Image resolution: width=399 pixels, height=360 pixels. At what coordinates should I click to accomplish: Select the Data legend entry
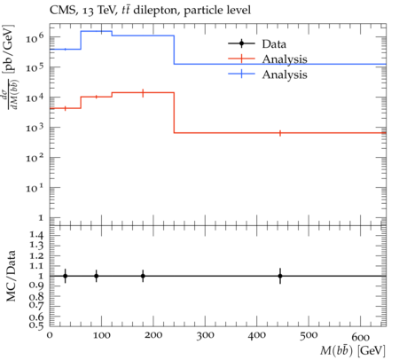click(x=257, y=44)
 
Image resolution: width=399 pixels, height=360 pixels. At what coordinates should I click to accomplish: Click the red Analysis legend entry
click(x=268, y=59)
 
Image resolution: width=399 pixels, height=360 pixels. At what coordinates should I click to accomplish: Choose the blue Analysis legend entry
click(x=268, y=74)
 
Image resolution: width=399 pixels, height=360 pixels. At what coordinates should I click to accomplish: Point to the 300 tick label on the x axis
click(x=205, y=335)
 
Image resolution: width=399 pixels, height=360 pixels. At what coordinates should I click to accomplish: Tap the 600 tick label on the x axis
click(x=361, y=337)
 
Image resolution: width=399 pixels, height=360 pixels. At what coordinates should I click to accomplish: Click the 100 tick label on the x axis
click(x=101, y=335)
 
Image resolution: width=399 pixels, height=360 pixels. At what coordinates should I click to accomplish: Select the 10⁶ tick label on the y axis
click(x=35, y=37)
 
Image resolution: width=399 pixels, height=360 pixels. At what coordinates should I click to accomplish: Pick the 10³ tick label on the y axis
click(x=35, y=128)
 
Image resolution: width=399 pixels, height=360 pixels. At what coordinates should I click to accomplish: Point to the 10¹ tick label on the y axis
click(x=35, y=188)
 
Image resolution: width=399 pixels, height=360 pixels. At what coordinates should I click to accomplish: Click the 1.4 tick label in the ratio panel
click(x=36, y=236)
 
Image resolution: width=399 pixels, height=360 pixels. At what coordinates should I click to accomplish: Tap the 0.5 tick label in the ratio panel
click(x=36, y=325)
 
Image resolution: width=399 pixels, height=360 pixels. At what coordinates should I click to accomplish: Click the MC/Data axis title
click(x=11, y=276)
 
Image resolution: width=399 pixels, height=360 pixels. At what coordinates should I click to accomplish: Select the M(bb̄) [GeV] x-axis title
click(x=353, y=351)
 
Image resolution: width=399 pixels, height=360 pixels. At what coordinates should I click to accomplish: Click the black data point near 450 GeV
click(x=280, y=276)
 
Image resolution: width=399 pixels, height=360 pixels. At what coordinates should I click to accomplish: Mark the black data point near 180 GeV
click(x=143, y=276)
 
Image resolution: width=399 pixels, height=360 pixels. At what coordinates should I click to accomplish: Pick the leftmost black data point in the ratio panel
click(x=66, y=276)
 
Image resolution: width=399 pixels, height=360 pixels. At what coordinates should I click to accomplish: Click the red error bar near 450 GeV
click(x=280, y=133)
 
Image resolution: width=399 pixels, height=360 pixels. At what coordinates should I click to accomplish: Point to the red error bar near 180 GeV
click(x=143, y=93)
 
